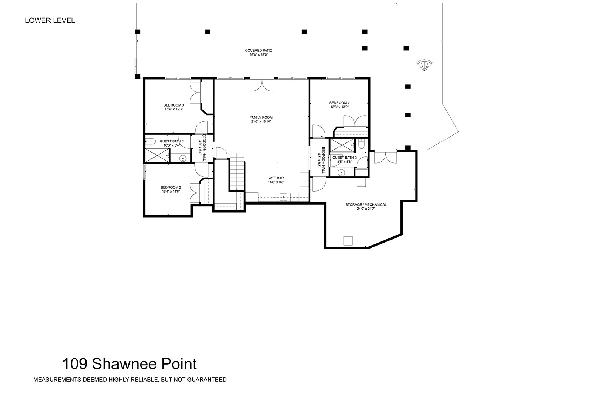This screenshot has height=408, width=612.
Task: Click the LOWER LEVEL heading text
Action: [50, 20]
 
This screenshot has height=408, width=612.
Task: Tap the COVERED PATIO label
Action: [258, 51]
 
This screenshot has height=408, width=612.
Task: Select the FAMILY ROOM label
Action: [261, 117]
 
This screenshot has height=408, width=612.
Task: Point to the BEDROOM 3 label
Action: [174, 105]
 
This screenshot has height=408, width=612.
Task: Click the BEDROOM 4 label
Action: [339, 103]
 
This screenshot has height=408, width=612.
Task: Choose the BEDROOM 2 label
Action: [171, 187]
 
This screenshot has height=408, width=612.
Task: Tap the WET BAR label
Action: [276, 178]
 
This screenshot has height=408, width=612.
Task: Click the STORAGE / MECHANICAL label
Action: [366, 205]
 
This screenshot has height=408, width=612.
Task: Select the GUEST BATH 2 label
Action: [345, 158]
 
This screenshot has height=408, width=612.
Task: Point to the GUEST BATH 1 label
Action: [172, 141]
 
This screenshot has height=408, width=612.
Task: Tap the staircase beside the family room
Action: [236, 172]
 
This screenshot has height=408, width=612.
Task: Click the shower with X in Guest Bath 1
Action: [157, 156]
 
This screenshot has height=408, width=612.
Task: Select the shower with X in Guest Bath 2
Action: [342, 145]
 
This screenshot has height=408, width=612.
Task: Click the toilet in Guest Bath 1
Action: [150, 141]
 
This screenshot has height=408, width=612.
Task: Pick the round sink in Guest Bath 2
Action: [341, 172]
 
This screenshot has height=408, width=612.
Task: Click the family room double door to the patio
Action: [262, 85]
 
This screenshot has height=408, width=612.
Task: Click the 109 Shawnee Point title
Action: [130, 364]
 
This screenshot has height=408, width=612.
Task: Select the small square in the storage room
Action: [348, 241]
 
